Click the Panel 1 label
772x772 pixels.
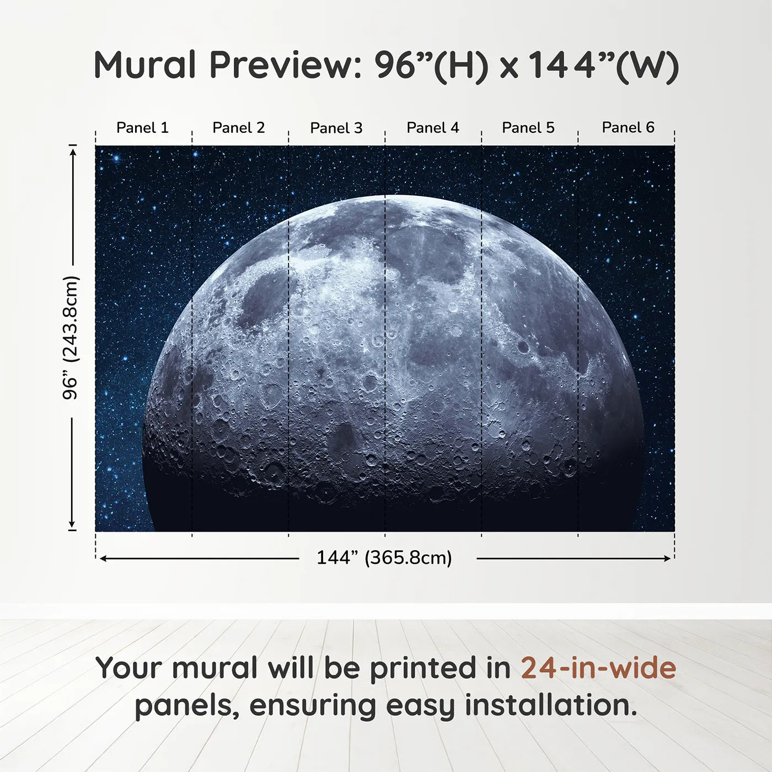pyautogui.click(x=142, y=128)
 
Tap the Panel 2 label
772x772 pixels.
pyautogui.click(x=238, y=128)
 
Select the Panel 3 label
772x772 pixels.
pyautogui.click(x=336, y=128)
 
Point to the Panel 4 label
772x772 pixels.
pyautogui.click(x=432, y=128)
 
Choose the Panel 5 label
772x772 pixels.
pyautogui.click(x=528, y=128)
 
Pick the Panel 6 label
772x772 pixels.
pyautogui.click(x=628, y=128)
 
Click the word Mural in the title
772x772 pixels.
pyautogui.click(x=144, y=65)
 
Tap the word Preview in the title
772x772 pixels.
pyautogui.click(x=285, y=65)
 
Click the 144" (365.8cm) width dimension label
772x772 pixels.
pyautogui.click(x=384, y=558)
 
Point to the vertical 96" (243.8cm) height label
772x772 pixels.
pyautogui.click(x=71, y=337)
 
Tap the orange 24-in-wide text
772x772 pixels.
pyautogui.click(x=598, y=668)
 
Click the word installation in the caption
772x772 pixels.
pyautogui.click(x=550, y=705)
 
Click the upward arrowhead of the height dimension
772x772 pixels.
pyautogui.click(x=72, y=150)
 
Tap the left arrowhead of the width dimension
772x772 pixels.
pyautogui.click(x=103, y=559)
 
